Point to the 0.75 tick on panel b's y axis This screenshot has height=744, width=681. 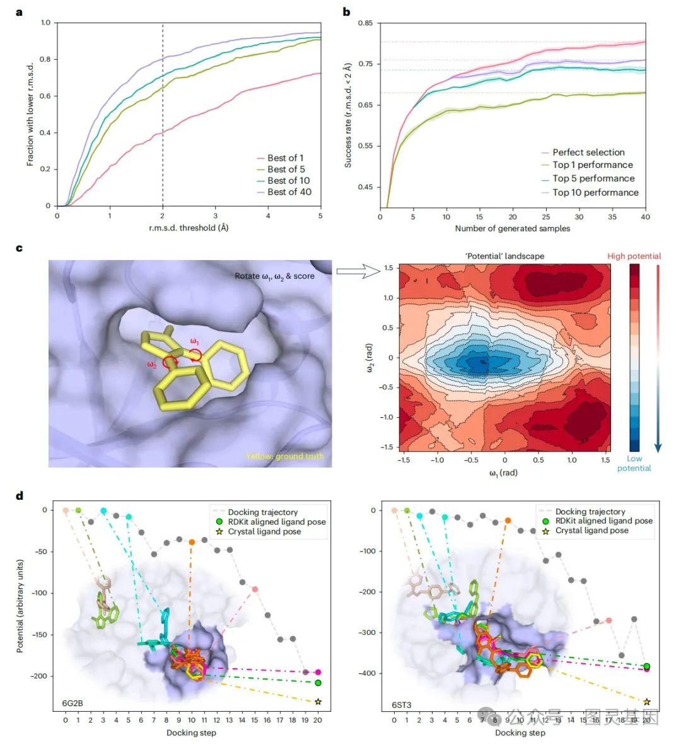point(365,64)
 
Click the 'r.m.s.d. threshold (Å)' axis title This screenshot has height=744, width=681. point(189,228)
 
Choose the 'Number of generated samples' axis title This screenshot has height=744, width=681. point(512,228)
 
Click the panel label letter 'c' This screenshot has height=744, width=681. point(19,248)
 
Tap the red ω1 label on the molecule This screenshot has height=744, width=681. point(194,341)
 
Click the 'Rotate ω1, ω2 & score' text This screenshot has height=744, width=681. point(274,276)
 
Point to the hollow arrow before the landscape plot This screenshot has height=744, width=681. point(358,271)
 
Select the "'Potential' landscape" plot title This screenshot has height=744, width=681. point(504,256)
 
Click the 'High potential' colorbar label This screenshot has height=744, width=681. point(634,256)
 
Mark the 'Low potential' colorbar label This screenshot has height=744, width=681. point(634,464)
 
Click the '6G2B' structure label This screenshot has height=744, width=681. point(73,703)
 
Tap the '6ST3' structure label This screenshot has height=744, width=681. point(402,705)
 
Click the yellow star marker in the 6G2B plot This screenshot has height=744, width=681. point(318,702)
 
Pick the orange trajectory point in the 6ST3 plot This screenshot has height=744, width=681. point(508,521)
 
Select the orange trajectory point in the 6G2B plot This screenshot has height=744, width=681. point(192,542)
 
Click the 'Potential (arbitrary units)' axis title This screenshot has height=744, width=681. point(20,606)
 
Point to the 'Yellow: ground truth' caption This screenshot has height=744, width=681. point(284,456)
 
